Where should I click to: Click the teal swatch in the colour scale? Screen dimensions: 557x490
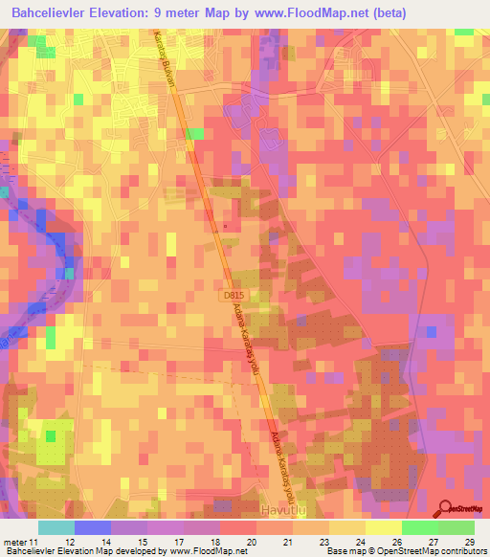[56, 527]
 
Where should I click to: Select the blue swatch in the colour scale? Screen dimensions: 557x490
[93, 527]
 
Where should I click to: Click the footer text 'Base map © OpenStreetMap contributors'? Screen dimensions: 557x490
[405, 551]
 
